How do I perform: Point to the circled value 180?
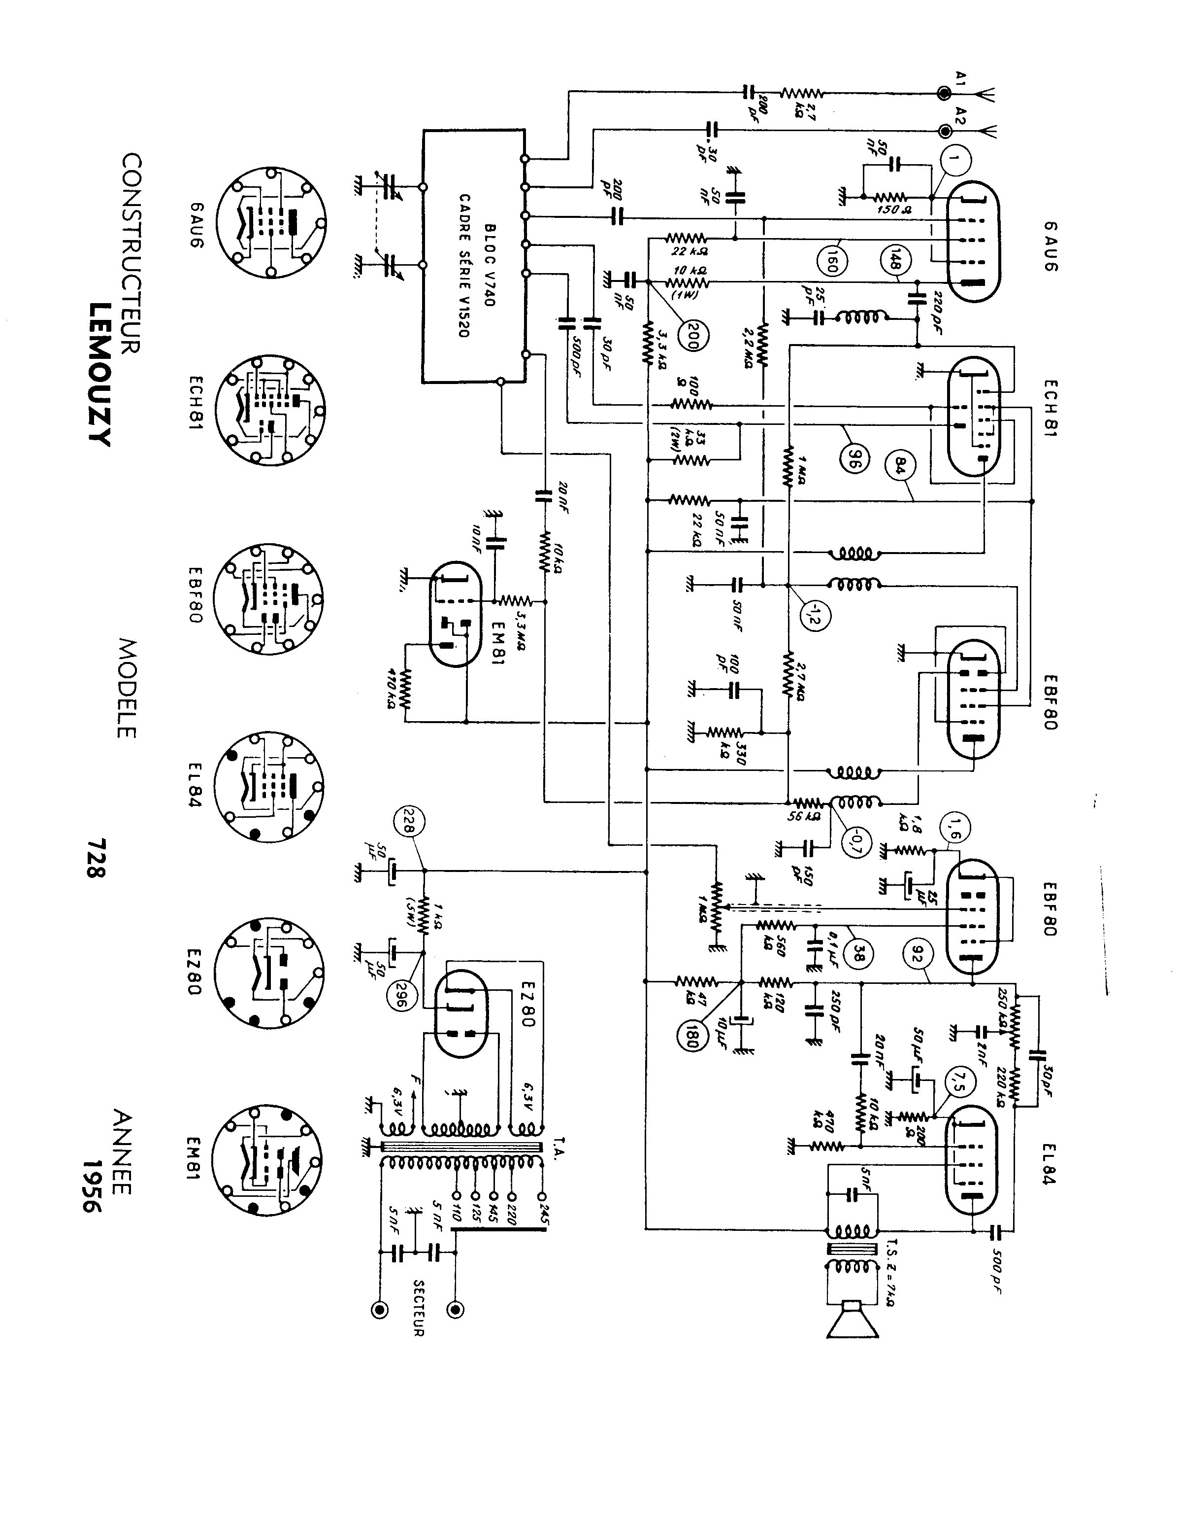click(x=689, y=1035)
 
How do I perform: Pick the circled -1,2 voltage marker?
click(x=813, y=616)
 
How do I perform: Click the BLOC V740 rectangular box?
click(x=474, y=256)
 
